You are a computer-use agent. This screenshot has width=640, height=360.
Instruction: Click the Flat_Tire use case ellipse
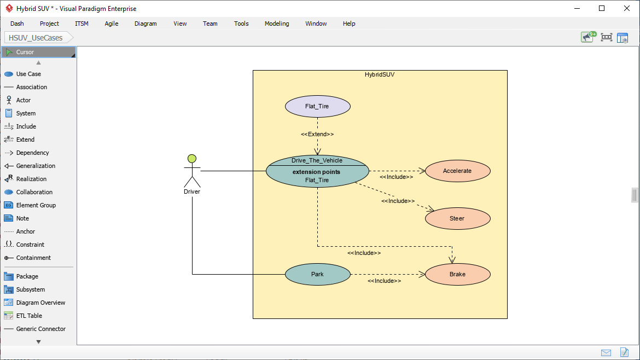[317, 106]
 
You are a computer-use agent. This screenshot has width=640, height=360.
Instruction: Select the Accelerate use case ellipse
[457, 171]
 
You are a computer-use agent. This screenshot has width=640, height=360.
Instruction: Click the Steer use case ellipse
[457, 218]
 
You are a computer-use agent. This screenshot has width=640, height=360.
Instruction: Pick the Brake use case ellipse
[457, 274]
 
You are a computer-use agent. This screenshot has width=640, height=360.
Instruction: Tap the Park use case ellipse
[317, 274]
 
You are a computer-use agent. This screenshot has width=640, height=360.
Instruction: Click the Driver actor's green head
[191, 159]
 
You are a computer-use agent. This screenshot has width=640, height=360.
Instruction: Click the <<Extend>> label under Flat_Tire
[317, 134]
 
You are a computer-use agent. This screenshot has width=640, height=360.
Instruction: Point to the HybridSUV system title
[380, 75]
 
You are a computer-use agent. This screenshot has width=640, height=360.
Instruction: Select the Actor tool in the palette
[24, 100]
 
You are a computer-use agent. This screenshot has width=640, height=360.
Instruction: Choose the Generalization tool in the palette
[36, 166]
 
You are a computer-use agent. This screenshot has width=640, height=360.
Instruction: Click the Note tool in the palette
[22, 218]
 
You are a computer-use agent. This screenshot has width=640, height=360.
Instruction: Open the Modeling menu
[277, 24]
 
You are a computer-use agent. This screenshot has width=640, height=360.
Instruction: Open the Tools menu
[241, 24]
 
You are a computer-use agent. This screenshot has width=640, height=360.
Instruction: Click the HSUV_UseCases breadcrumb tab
[36, 38]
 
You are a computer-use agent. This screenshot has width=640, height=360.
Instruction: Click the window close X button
[626, 8]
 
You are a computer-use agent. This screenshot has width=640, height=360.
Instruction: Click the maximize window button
[602, 8]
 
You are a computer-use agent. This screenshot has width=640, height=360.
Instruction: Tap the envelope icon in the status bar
[606, 352]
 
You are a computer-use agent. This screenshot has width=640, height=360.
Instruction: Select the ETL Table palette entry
[29, 316]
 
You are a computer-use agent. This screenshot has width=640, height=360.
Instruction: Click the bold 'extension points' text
[316, 172]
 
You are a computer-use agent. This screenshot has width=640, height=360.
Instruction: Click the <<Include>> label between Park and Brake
[384, 281]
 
